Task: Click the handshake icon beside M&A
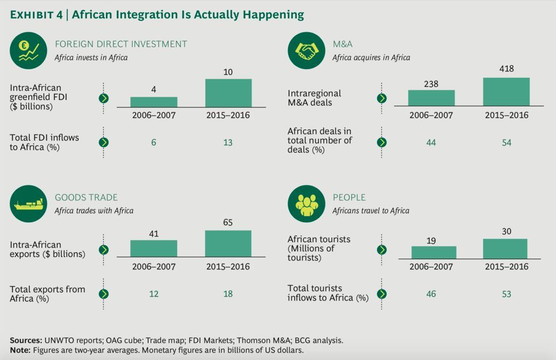tap(306, 51)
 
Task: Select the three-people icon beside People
tap(306, 204)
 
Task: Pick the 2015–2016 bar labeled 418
tap(506, 91)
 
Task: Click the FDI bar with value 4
tap(154, 101)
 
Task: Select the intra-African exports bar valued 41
tap(154, 249)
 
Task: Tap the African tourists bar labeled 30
tap(505, 249)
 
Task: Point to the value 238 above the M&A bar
tap(431, 84)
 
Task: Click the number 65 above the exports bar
tap(228, 223)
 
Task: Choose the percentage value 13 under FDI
tap(228, 143)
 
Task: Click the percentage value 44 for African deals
tap(431, 143)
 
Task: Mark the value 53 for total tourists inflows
tap(506, 294)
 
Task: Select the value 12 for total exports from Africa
tap(154, 294)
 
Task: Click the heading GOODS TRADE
tap(86, 197)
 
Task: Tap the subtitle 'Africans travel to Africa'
tap(371, 211)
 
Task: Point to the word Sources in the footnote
tap(26, 340)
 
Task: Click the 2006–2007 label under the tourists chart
tap(432, 266)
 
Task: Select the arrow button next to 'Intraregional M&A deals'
tap(382, 98)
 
